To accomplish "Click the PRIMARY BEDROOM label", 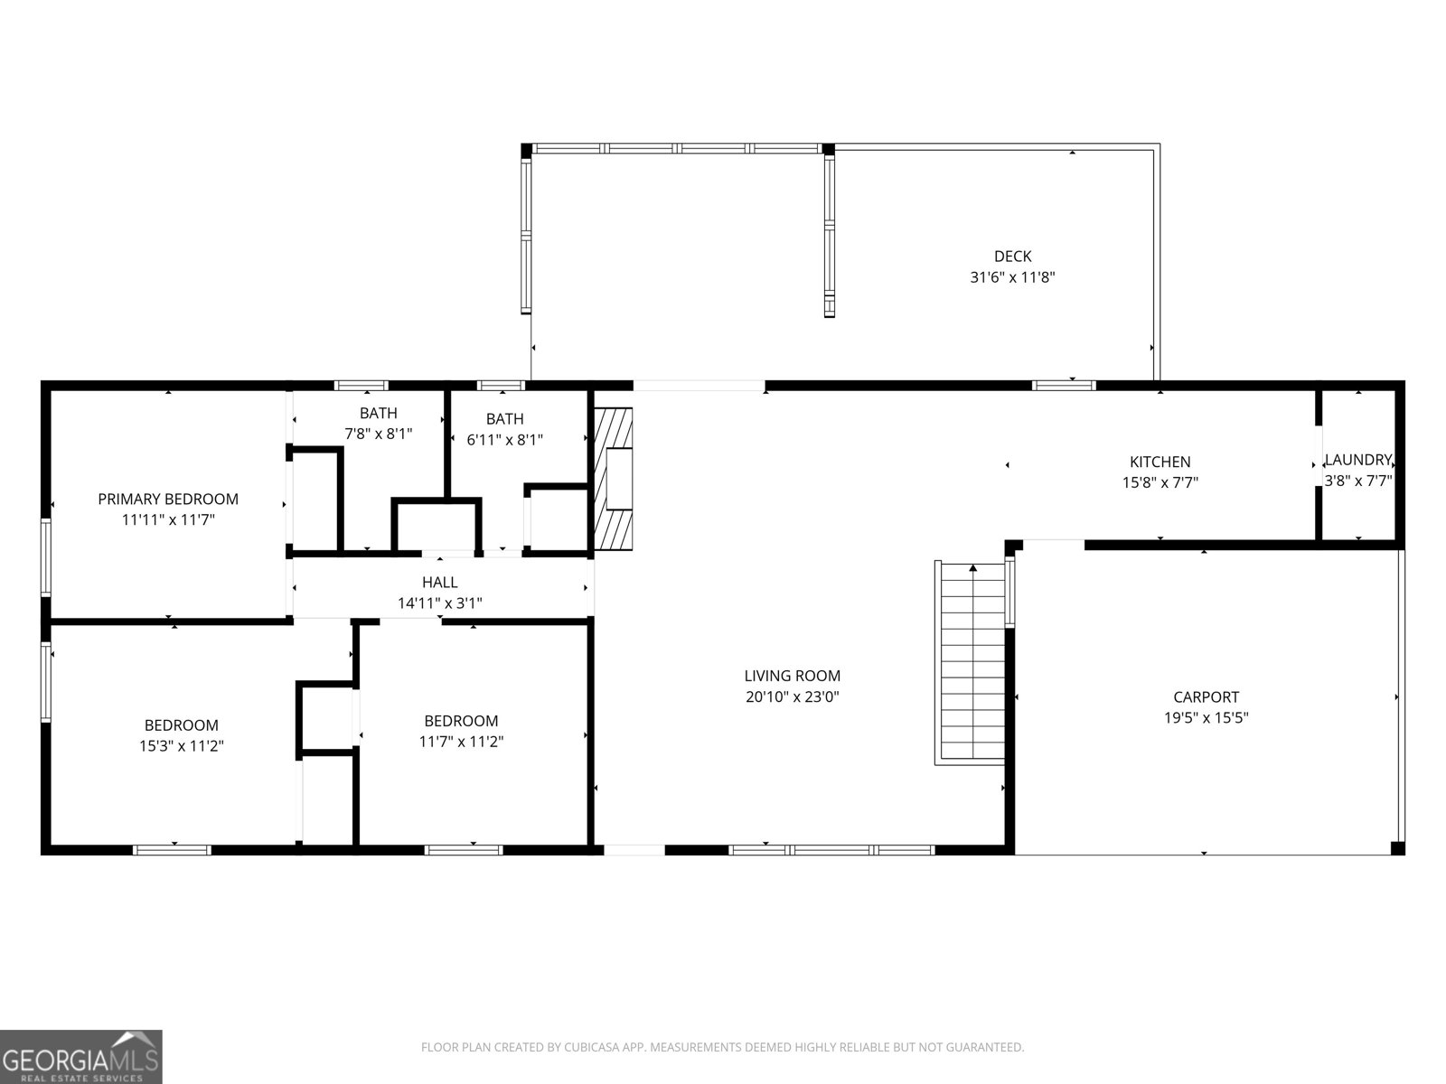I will (x=168, y=499).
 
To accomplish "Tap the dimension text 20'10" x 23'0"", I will (x=793, y=696).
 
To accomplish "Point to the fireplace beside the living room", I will (x=614, y=479).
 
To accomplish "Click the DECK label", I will (x=1012, y=257).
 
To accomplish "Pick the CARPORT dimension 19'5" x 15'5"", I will (x=1206, y=718).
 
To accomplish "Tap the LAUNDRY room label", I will (x=1357, y=460).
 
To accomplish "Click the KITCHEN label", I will (x=1160, y=462).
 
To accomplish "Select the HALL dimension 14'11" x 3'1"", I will (x=439, y=603).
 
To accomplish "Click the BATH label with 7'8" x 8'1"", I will (x=378, y=414).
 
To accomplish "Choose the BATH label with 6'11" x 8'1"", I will (x=504, y=418).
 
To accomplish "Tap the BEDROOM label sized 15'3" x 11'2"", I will (x=181, y=724).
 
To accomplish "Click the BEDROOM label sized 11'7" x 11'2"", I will (x=461, y=721).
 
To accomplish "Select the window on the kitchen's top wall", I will (x=1064, y=386).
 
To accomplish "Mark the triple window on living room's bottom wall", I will (x=831, y=849).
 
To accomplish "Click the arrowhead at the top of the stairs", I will (x=973, y=568).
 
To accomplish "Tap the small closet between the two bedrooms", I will (x=327, y=718).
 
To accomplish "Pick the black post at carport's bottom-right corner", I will (x=1397, y=848).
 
